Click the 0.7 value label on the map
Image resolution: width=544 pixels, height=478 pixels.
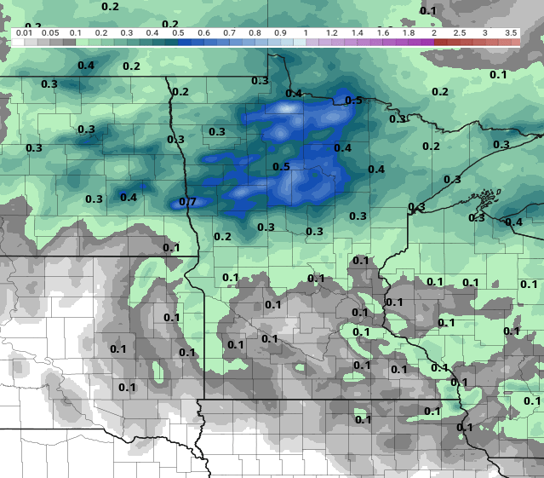tap(188, 202)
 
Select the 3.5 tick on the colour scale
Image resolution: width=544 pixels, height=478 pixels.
tap(511, 32)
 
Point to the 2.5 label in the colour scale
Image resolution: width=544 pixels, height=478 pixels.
tap(460, 32)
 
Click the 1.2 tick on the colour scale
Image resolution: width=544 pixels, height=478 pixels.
tap(332, 32)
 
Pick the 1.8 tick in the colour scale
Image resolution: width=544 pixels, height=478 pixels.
tap(409, 32)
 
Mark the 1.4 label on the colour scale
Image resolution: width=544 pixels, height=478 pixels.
tap(358, 32)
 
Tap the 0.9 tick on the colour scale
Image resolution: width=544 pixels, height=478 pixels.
tap(280, 32)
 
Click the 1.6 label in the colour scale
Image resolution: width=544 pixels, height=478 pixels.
tap(383, 32)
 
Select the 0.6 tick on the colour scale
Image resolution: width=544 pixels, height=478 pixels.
tap(203, 32)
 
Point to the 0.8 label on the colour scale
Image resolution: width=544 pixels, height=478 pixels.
tap(255, 32)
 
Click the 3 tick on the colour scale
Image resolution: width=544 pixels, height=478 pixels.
tap(485, 32)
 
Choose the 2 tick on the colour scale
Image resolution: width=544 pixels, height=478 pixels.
tap(434, 32)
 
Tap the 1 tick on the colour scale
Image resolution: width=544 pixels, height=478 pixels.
tap(306, 32)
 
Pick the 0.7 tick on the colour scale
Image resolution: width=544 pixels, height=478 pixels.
tap(229, 32)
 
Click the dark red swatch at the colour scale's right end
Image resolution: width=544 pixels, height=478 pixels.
tap(514, 41)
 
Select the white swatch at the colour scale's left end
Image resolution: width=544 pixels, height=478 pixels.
tap(18, 41)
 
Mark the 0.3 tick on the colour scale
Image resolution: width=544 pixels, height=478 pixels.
tap(127, 32)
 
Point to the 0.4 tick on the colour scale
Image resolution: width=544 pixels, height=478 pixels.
tap(152, 32)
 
